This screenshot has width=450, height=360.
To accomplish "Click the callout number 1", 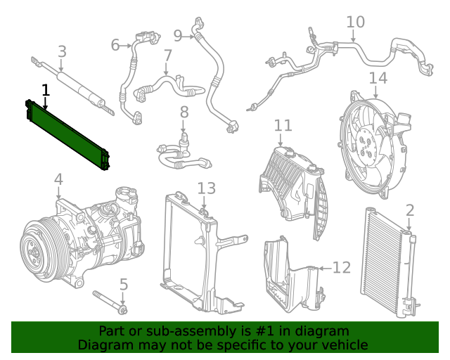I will coord(46,90).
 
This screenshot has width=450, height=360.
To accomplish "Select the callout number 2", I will coord(410,210).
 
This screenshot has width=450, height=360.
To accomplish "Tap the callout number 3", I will coord(62,51).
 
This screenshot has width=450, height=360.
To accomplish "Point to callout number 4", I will coord(58,180).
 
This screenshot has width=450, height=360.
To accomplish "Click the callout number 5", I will coord(123,285).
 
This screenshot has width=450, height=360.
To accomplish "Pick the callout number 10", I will coord(355,22).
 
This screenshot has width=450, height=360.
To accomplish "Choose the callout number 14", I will coord(378,77).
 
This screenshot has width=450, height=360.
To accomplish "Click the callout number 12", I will coord(341,267).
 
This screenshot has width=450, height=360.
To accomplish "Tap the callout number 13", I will coord(206,188).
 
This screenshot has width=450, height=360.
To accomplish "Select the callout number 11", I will coord(283,125).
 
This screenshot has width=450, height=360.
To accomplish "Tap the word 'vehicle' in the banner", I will coord(344,345).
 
